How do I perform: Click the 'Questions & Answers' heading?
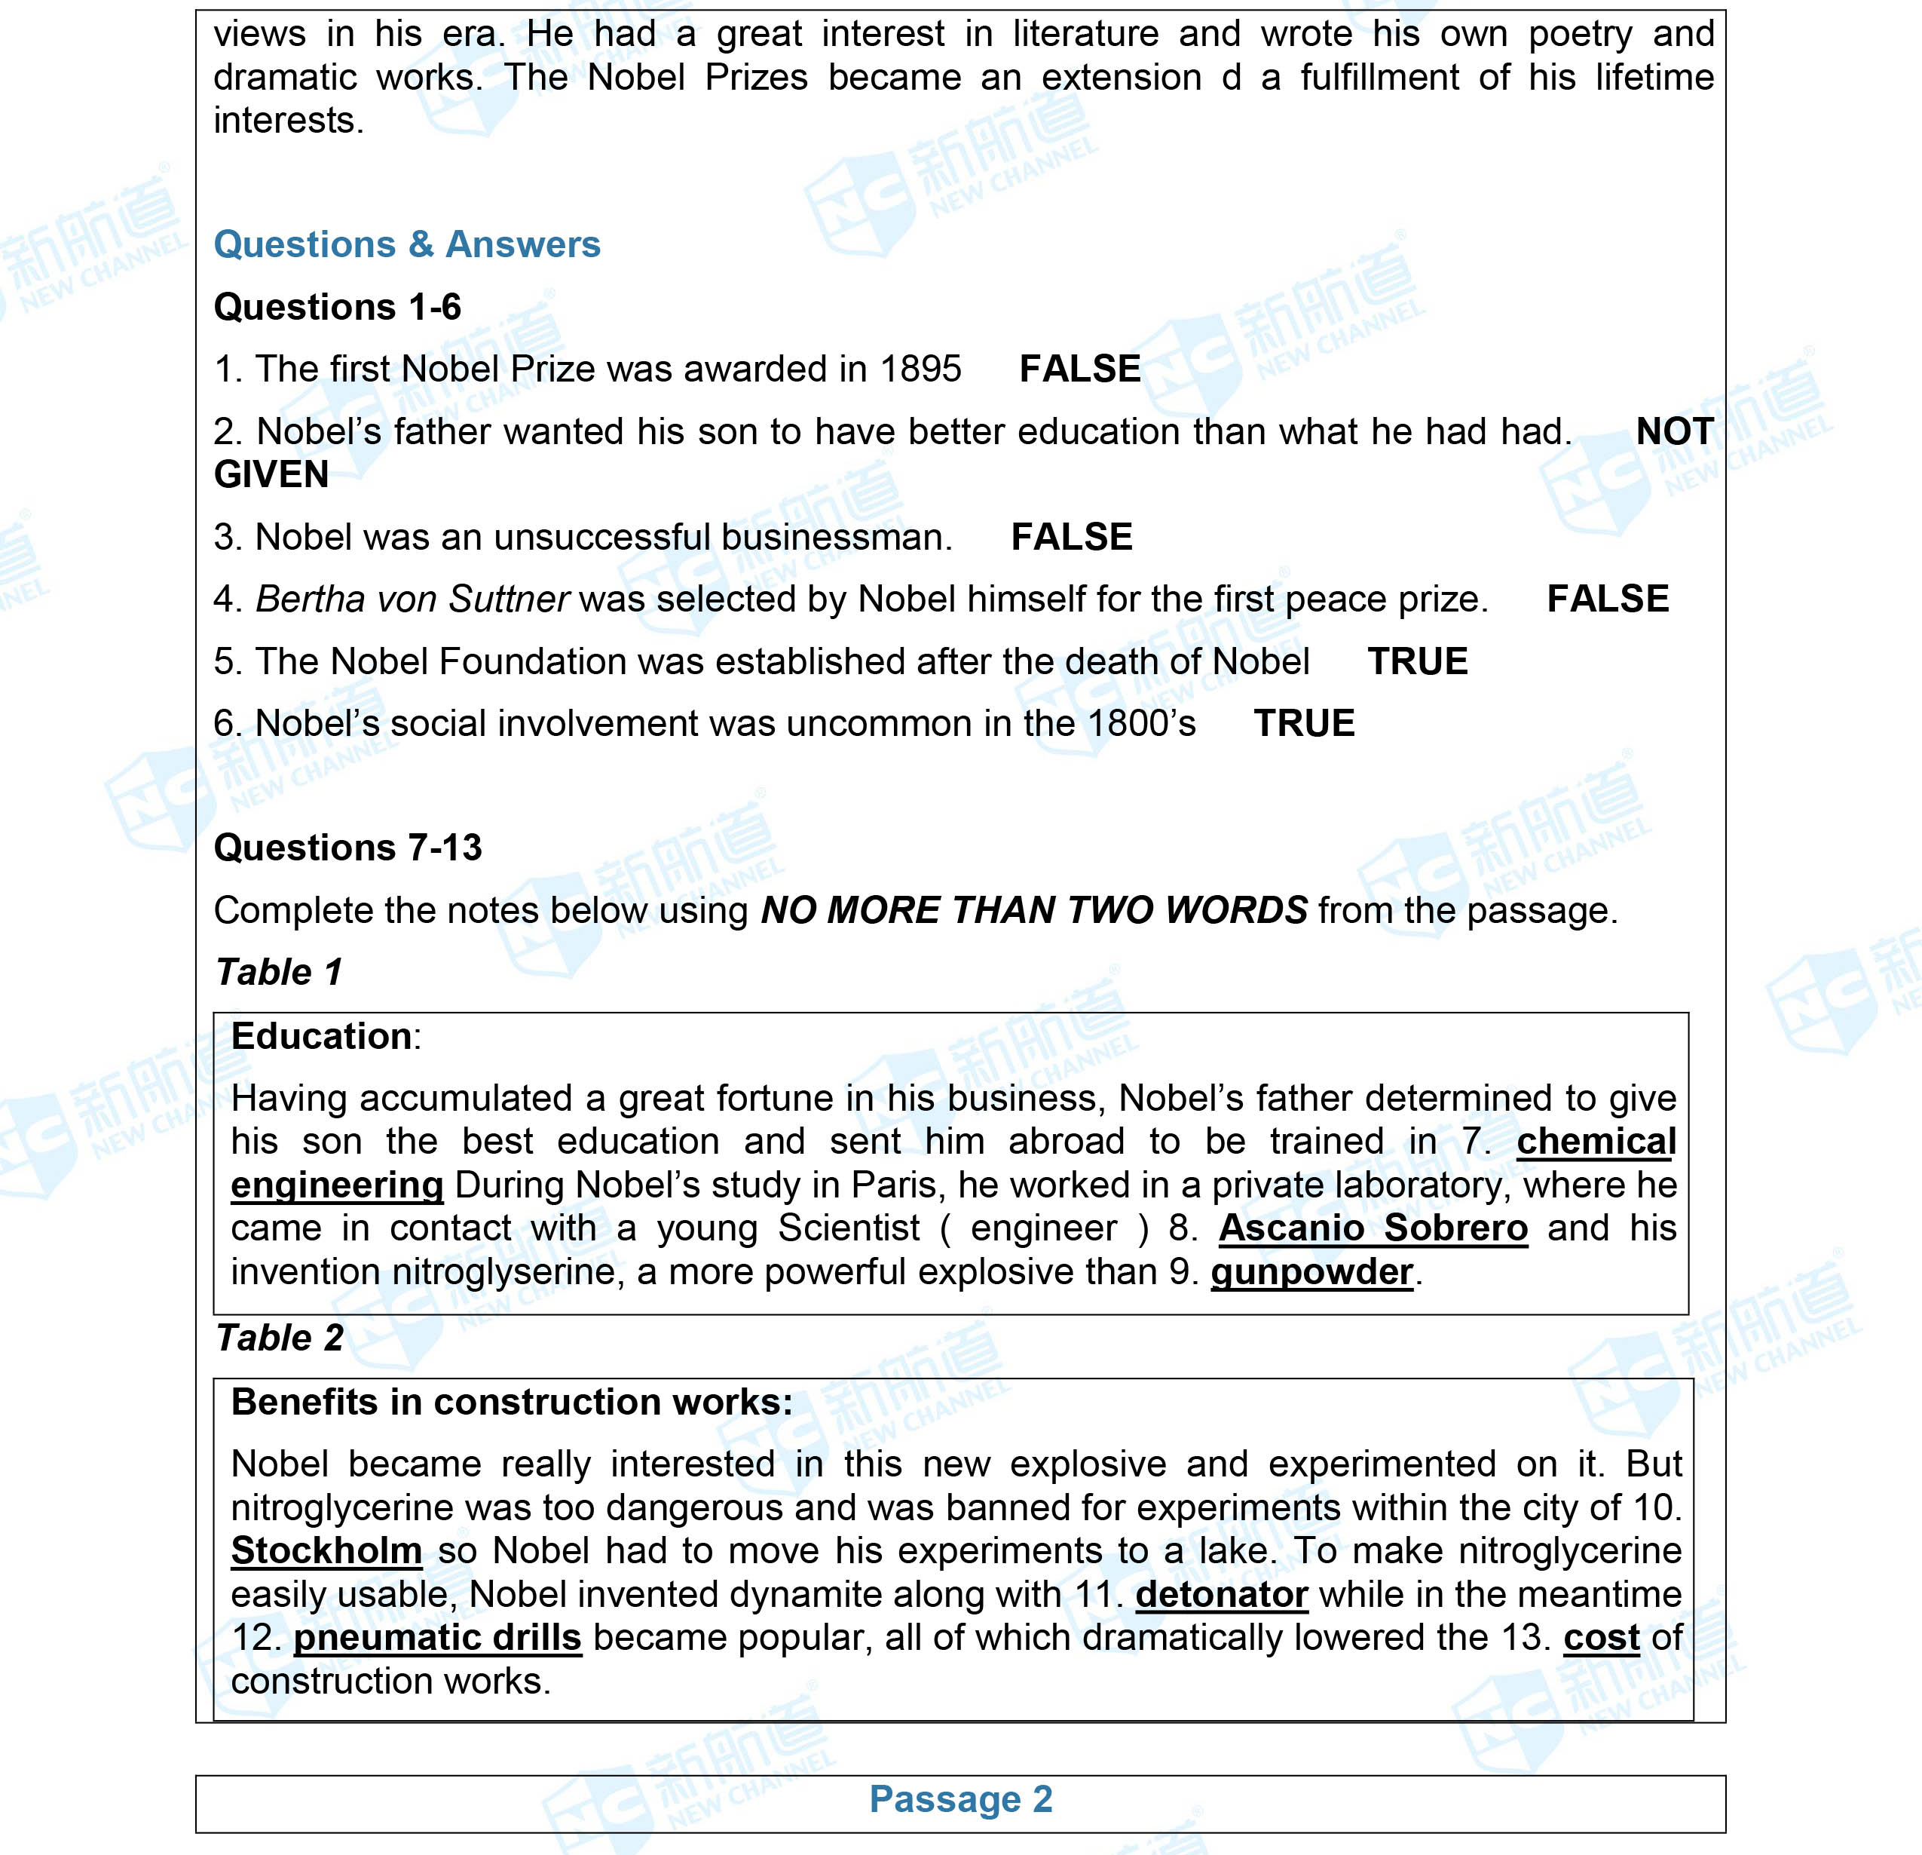click(x=406, y=244)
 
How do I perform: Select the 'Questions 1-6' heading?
click(x=338, y=307)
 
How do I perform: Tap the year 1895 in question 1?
click(x=921, y=369)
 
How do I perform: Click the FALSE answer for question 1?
click(x=1079, y=369)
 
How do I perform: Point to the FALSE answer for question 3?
click(x=1072, y=537)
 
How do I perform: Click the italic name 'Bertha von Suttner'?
click(x=412, y=599)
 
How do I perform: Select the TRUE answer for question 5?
click(x=1417, y=661)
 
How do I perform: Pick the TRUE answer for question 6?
click(x=1304, y=723)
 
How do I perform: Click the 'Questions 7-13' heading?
click(x=347, y=848)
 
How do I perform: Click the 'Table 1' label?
click(x=278, y=972)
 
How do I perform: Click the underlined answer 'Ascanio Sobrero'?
click(x=1373, y=1228)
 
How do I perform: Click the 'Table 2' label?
click(x=280, y=1338)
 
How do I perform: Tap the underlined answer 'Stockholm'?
click(x=326, y=1551)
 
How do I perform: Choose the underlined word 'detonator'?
click(x=1221, y=1594)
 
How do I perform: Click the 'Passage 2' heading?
click(x=960, y=1799)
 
